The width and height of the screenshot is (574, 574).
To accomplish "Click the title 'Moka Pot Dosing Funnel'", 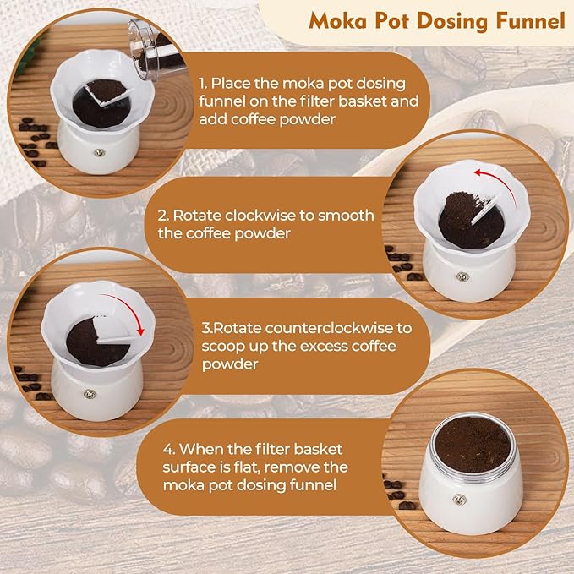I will (436, 21).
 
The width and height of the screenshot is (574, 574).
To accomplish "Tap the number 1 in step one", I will (200, 84).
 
